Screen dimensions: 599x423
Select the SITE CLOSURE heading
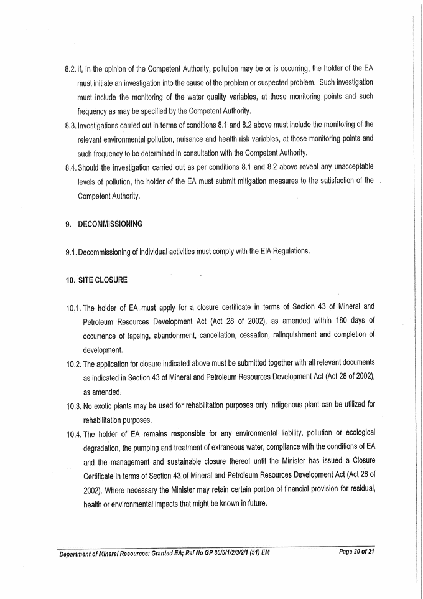coord(102,280)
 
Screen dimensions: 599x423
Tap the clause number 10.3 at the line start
coord(73,405)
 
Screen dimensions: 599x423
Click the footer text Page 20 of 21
coord(360,552)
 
